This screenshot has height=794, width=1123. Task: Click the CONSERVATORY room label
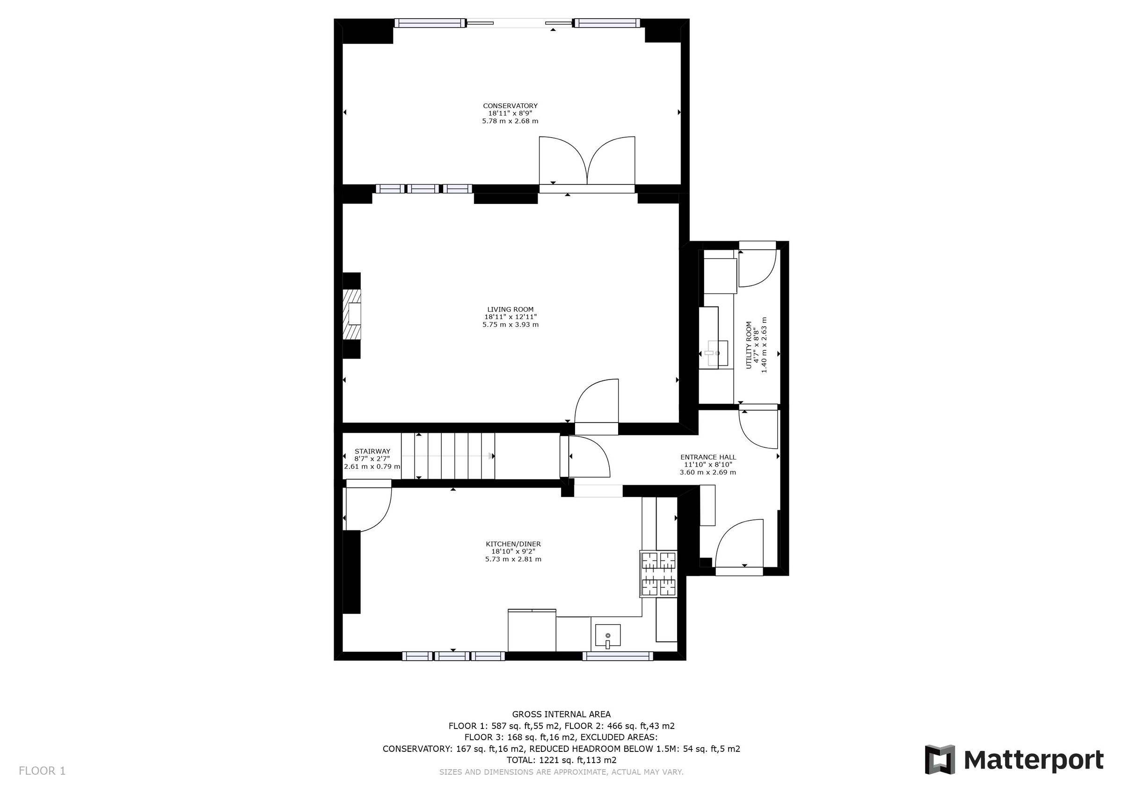510,106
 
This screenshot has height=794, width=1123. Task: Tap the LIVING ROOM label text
510,310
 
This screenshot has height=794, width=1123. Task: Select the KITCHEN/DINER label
513,544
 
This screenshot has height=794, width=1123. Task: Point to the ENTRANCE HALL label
708,458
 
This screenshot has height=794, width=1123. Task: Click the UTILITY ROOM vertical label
748,345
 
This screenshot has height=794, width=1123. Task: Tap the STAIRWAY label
372,452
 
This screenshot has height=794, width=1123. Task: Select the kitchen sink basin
608,635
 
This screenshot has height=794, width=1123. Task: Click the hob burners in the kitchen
658,574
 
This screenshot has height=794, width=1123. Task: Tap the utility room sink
716,353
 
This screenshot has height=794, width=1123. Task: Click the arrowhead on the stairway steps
490,456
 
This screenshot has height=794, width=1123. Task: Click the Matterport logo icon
940,760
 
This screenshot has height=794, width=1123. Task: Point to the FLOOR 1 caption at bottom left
42,771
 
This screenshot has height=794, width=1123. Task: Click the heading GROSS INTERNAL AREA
561,714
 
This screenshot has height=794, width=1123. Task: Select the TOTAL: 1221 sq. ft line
561,760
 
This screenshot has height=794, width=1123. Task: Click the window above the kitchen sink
617,656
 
